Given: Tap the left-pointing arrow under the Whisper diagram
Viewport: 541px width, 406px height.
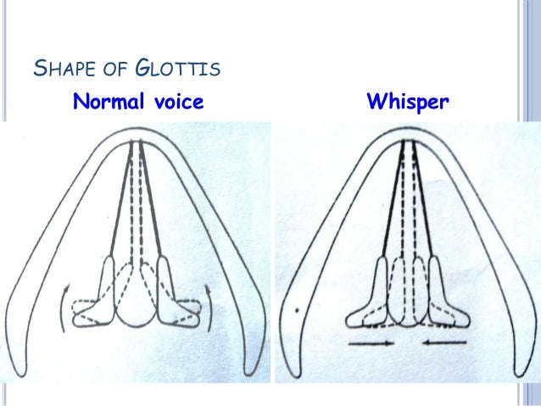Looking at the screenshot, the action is (x=446, y=344).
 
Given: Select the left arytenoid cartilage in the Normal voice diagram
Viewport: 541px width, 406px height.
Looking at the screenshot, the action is (x=99, y=293).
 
